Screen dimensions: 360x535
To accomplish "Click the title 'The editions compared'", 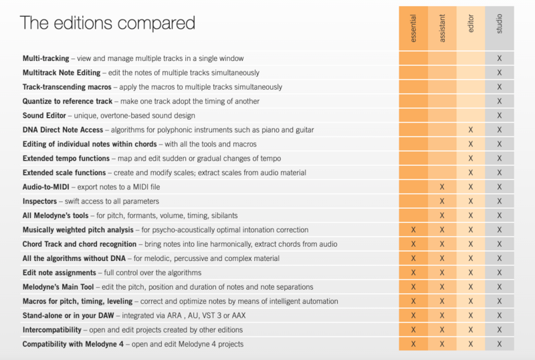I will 108,23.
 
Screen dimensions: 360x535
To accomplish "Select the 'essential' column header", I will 413,29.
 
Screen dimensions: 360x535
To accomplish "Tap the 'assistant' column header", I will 442,29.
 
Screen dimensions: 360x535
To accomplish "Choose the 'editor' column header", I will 471,29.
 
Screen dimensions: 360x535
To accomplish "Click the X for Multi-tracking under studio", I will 500,58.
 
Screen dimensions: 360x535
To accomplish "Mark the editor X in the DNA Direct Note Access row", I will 471,129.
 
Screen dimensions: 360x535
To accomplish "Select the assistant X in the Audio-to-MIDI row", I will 442,187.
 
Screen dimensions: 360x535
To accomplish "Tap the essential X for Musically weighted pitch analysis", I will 413,230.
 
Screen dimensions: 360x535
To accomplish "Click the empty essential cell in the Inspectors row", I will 413,201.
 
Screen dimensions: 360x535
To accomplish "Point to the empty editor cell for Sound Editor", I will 471,115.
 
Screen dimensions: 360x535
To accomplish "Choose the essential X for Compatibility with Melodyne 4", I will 413,344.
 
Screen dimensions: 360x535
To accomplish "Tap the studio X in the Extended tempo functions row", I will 500,158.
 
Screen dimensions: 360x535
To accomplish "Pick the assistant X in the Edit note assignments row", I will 442,272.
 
